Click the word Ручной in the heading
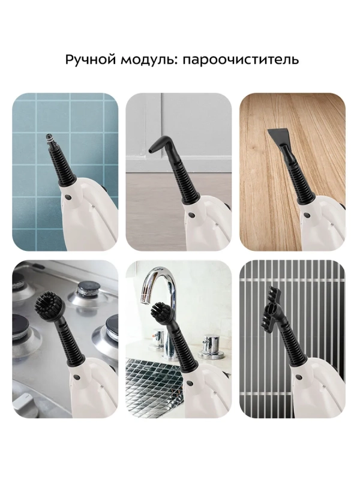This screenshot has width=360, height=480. pos(88,61)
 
